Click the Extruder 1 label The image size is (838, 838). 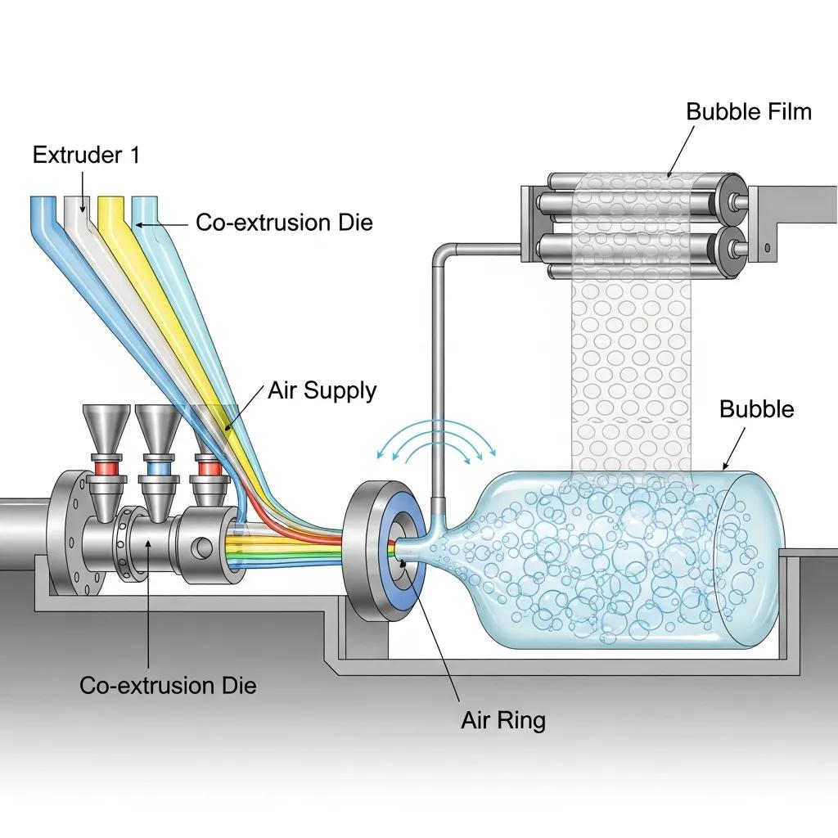(86, 155)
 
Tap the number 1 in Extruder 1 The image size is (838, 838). (134, 155)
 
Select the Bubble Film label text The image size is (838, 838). (749, 111)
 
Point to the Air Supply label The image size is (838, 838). (322, 390)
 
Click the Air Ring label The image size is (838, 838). (502, 720)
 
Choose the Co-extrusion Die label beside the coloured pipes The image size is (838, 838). (284, 222)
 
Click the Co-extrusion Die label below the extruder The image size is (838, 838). (168, 685)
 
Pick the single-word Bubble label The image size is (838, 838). (756, 408)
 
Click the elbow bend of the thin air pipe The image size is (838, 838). (438, 248)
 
